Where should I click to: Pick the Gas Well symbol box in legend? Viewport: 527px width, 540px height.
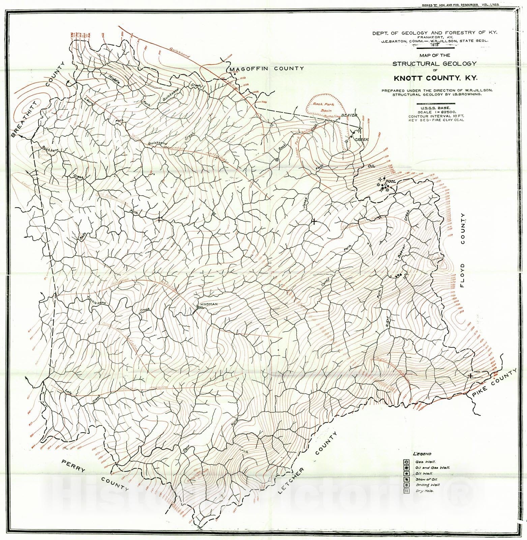click(406, 462)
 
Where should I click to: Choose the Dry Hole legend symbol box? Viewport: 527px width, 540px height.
click(406, 491)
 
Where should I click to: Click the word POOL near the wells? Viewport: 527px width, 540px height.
click(390, 181)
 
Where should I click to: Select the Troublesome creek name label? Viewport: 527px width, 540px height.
click(96, 300)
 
